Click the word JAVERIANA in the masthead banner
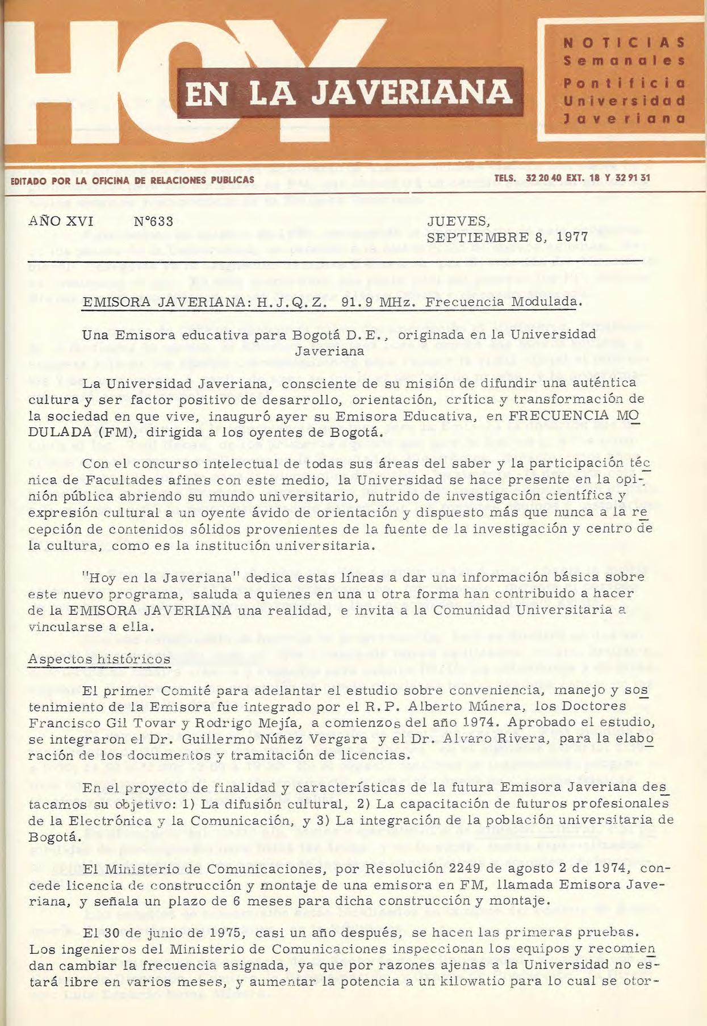pyautogui.click(x=412, y=93)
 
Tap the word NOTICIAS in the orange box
pyautogui.click(x=624, y=43)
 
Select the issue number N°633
pyautogui.click(x=153, y=222)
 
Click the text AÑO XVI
pyautogui.click(x=61, y=222)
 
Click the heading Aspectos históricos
pyautogui.click(x=99, y=659)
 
